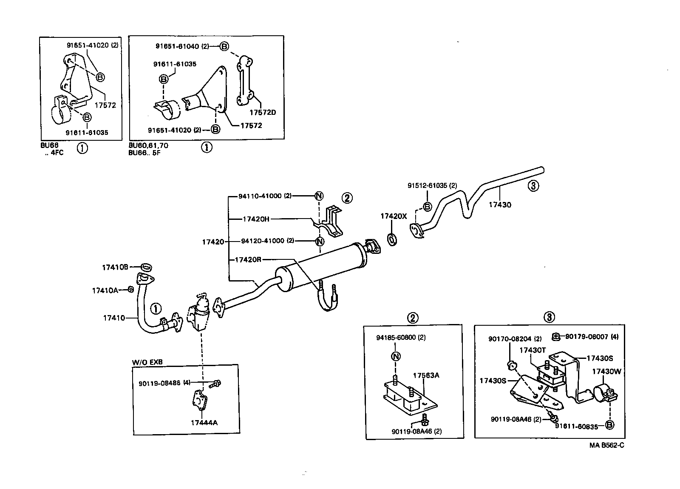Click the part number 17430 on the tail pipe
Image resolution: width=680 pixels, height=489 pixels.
[x=500, y=205]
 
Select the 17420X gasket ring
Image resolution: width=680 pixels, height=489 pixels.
[x=392, y=239]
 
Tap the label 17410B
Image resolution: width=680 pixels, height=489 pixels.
[x=115, y=267]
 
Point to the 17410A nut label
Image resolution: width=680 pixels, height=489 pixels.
[x=105, y=290]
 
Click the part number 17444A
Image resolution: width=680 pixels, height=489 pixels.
[x=204, y=423]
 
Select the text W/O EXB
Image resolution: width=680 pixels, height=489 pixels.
[x=147, y=362]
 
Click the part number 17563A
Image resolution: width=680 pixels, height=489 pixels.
[x=426, y=375]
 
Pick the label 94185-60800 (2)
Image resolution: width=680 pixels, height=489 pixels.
[x=401, y=338]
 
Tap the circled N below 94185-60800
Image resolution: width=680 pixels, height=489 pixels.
[x=395, y=356]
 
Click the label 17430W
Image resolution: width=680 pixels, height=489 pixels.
[x=606, y=371]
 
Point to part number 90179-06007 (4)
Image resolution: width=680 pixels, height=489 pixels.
[x=592, y=337]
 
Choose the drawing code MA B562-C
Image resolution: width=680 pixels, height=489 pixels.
[x=606, y=445]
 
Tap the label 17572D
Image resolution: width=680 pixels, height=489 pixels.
[x=262, y=113]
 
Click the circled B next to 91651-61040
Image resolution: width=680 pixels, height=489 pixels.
[x=224, y=46]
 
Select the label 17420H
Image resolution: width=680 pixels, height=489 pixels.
[x=256, y=219]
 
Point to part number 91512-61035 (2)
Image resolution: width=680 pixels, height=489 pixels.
[x=432, y=185]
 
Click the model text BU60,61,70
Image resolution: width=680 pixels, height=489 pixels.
[x=148, y=145]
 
